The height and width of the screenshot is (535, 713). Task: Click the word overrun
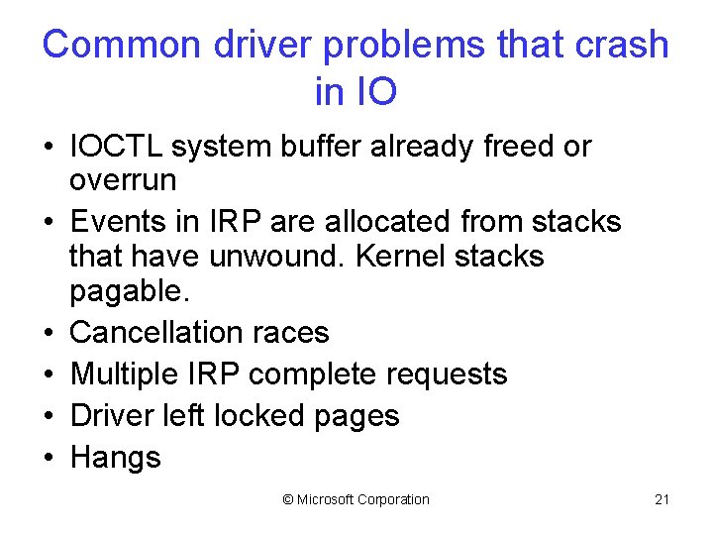(123, 180)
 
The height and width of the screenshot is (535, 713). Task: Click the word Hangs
(116, 457)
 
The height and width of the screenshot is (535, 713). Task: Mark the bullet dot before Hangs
(48, 458)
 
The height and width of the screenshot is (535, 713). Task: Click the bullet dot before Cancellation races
(48, 332)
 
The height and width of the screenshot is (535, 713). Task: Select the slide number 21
(662, 499)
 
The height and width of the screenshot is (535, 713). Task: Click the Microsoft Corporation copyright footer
(356, 499)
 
